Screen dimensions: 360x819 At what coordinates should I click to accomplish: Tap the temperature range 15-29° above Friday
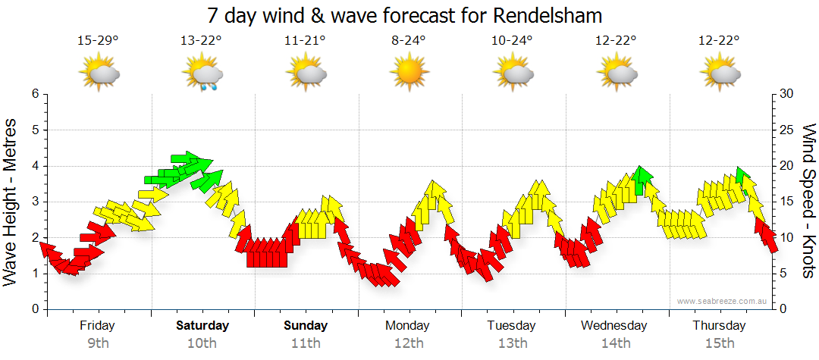[x=98, y=41]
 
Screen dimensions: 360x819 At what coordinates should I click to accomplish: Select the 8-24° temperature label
[x=409, y=41]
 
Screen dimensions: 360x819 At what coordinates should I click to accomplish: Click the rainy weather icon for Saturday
[x=202, y=75]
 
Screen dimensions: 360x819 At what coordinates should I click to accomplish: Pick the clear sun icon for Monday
[x=409, y=74]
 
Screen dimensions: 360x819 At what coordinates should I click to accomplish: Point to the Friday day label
[x=97, y=326]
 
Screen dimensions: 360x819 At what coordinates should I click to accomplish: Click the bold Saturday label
[x=202, y=326]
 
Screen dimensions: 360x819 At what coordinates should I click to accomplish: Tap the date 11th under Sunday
[x=306, y=343]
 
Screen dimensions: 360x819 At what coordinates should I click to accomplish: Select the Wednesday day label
[x=614, y=326]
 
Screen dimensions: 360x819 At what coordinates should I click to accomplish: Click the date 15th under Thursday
[x=718, y=343]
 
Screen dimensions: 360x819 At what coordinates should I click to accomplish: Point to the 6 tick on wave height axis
[x=35, y=94]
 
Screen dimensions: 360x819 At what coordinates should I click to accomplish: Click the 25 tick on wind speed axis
[x=788, y=130]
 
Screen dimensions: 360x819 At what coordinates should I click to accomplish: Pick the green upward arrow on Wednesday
[x=642, y=180]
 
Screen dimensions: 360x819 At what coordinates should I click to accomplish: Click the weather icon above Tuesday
[x=512, y=74]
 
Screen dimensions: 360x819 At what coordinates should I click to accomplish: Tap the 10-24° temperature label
[x=512, y=41]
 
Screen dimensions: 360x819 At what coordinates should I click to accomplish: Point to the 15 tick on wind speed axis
[x=788, y=202]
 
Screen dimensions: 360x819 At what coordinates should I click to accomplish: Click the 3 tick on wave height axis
[x=35, y=202]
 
